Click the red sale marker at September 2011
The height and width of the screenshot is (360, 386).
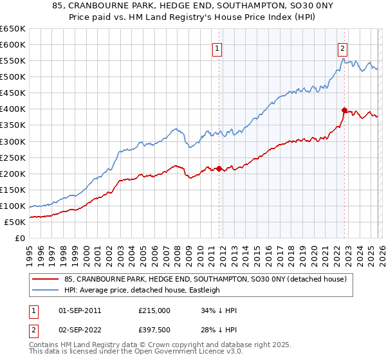pos(219,168)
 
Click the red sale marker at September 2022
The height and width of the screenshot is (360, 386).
pos(344,110)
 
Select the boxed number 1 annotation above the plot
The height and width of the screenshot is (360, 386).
pos(217,48)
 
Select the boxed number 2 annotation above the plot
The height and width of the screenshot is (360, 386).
pos(343,48)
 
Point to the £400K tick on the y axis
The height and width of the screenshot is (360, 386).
pos(13,109)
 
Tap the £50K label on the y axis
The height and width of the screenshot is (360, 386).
pos(15,222)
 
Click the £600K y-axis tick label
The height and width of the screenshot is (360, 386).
pos(13,45)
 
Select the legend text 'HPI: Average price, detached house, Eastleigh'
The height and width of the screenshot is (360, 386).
pos(142,290)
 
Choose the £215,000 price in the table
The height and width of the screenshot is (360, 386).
pos(154,310)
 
